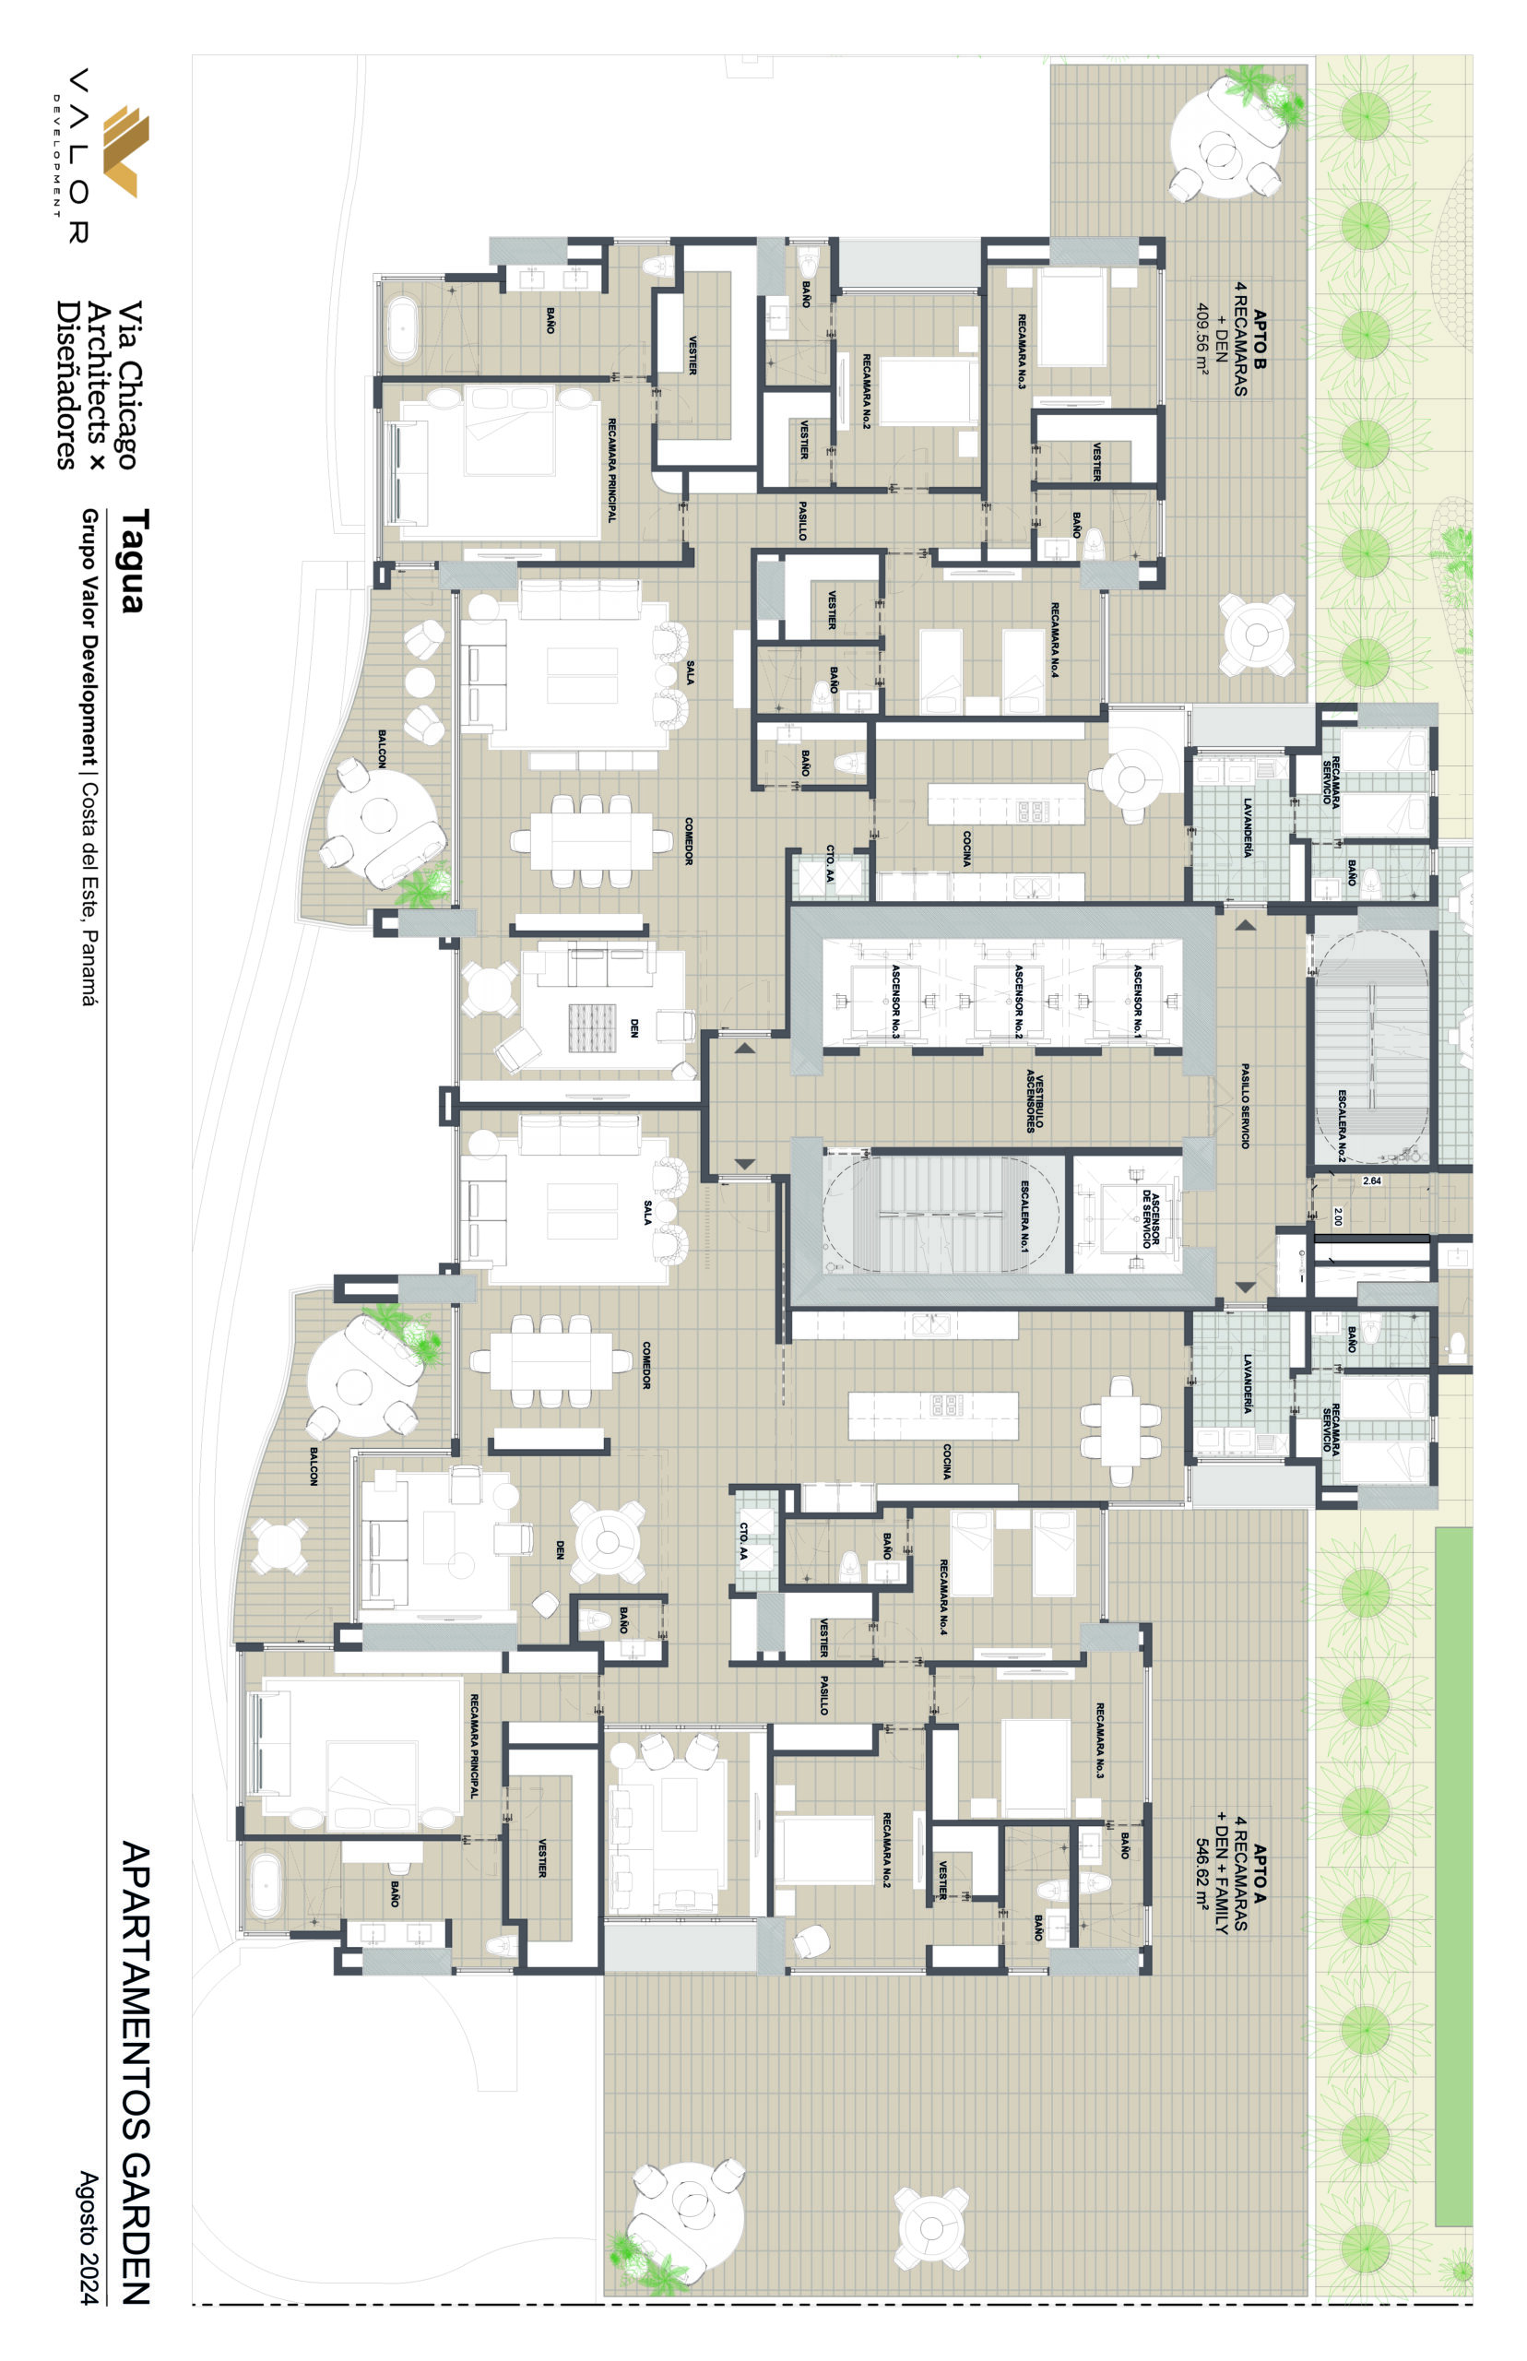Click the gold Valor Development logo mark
point(127,150)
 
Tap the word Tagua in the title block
point(133,562)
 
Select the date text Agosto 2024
point(89,2237)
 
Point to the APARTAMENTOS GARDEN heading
point(136,2072)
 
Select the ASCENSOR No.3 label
point(895,1001)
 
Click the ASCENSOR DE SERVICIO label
point(1150,1218)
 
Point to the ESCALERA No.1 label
point(1024,1216)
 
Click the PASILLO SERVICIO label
point(1246,1106)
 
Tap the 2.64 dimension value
point(1371,1181)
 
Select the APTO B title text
point(1261,339)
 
